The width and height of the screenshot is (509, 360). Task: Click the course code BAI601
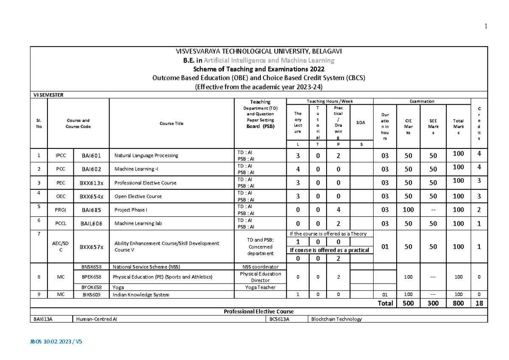tap(91, 155)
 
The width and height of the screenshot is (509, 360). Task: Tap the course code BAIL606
tap(91, 223)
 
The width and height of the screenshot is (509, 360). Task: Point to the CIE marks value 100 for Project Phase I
tap(408, 210)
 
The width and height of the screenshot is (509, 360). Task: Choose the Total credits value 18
tap(479, 303)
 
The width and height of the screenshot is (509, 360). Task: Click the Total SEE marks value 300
tap(433, 303)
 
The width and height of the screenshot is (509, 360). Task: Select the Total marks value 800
tap(458, 303)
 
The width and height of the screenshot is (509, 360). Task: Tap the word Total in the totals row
tap(385, 303)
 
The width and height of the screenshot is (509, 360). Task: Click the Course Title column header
tap(172, 123)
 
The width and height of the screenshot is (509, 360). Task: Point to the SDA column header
tap(361, 123)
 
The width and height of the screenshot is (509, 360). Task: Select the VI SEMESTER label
tap(48, 95)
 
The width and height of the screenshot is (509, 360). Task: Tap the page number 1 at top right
tap(486, 27)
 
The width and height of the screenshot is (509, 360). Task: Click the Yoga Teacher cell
tap(260, 287)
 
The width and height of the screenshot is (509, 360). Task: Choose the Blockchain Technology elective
tap(336, 319)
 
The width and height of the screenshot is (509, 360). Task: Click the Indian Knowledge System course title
tap(141, 295)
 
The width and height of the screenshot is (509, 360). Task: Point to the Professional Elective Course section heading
tap(259, 312)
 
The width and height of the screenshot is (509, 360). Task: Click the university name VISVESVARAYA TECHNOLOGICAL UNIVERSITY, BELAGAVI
tap(259, 51)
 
